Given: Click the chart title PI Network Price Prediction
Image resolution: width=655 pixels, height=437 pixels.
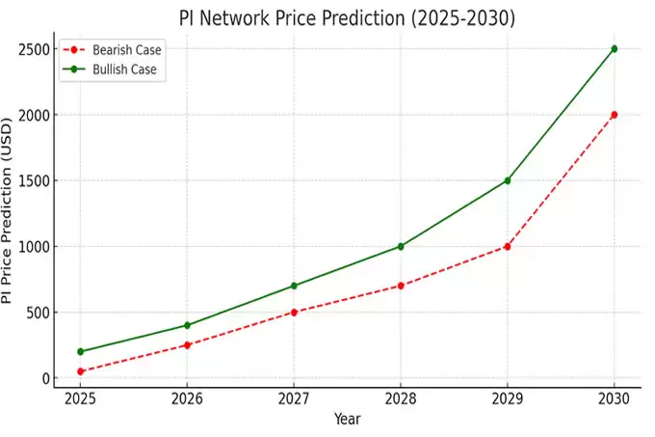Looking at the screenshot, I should (x=347, y=18).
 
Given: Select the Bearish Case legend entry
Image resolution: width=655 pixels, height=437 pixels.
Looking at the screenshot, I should (x=126, y=49).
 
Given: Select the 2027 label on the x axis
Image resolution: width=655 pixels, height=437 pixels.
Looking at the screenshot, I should (x=294, y=397).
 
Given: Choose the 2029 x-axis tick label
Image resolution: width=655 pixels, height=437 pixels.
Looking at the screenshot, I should (x=507, y=397).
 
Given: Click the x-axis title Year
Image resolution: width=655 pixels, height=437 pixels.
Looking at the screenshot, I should (x=347, y=420).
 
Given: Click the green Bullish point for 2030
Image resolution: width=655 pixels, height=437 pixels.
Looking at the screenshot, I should (x=614, y=49).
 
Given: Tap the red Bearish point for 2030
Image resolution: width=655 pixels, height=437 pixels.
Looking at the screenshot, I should (x=614, y=115).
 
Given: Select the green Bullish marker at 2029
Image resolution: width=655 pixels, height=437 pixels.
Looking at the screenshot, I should (x=507, y=180).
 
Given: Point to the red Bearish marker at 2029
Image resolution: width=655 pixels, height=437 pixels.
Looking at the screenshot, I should (x=507, y=246).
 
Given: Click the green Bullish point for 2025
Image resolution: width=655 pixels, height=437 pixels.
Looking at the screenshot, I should (x=81, y=351).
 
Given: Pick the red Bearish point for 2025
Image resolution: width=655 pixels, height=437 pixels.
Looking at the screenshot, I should (x=81, y=371).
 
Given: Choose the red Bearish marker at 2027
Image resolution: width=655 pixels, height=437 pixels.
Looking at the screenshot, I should (x=294, y=313).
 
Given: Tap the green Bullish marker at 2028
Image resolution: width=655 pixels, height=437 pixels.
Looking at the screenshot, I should (x=401, y=246).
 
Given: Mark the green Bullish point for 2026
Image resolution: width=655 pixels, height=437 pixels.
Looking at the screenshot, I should (x=188, y=325).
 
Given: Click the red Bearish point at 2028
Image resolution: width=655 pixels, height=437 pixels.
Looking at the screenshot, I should (x=401, y=286).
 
